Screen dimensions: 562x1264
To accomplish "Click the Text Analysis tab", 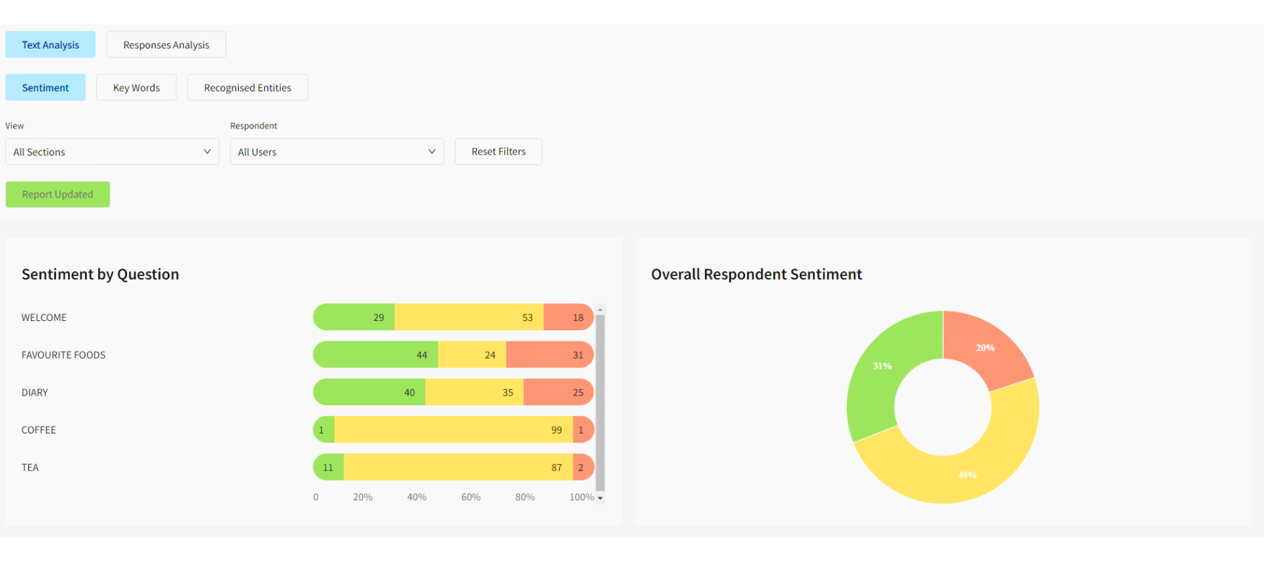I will pyautogui.click(x=51, y=44).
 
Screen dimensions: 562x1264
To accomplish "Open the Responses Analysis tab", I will pyautogui.click(x=166, y=44).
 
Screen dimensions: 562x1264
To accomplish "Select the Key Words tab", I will pyautogui.click(x=136, y=88).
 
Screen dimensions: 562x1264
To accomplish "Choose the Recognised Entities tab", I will pyautogui.click(x=247, y=88).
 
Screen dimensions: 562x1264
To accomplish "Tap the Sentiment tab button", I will pyautogui.click(x=46, y=88).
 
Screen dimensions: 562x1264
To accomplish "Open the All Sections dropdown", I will pyautogui.click(x=112, y=152).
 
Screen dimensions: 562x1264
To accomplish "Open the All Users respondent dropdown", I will pyautogui.click(x=337, y=152).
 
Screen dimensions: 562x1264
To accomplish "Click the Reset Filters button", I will pyautogui.click(x=499, y=152).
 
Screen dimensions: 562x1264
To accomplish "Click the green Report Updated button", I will pyautogui.click(x=58, y=195).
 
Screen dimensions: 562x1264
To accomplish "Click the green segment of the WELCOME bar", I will pyautogui.click(x=355, y=318).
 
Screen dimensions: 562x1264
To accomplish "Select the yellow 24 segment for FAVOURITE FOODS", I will pyautogui.click(x=472, y=355).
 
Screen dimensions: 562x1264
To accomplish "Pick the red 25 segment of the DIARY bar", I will pyautogui.click(x=558, y=392).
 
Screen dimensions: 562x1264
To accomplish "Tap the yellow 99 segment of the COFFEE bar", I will pyautogui.click(x=453, y=430).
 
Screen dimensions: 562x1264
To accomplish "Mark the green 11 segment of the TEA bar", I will pyautogui.click(x=329, y=467).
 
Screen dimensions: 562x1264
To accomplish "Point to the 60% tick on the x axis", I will pyautogui.click(x=470, y=497).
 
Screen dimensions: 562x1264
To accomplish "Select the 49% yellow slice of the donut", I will pyautogui.click(x=968, y=474).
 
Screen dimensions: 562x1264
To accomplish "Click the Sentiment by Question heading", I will pyautogui.click(x=100, y=274).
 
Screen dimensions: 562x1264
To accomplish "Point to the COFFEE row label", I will pyautogui.click(x=39, y=430).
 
